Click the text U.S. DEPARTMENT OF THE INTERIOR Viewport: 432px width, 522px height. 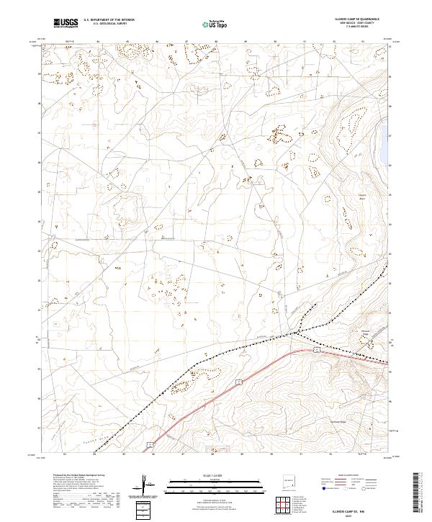click(x=109, y=21)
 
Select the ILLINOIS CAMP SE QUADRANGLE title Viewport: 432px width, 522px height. click(x=357, y=19)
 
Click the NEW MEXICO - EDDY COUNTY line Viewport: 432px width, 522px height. click(x=357, y=24)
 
